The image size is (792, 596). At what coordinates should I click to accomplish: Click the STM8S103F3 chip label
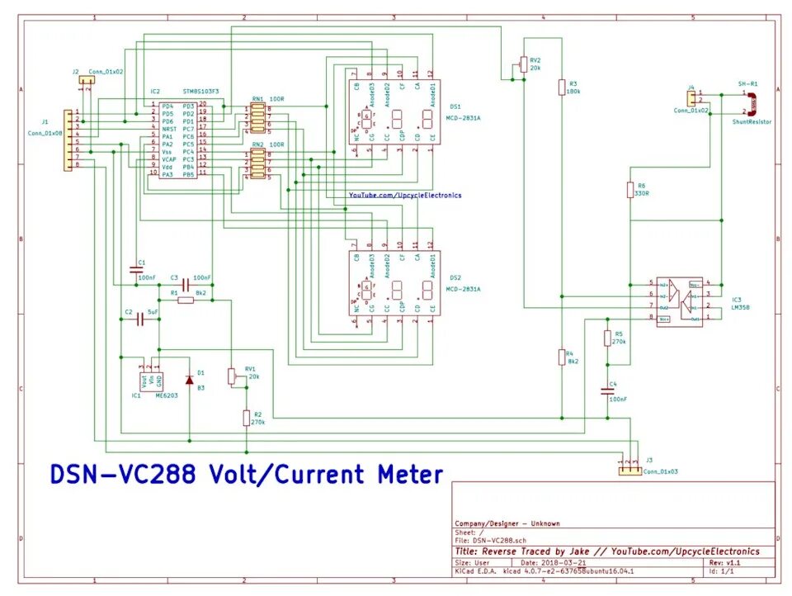click(200, 91)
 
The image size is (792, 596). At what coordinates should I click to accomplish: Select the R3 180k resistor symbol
click(562, 87)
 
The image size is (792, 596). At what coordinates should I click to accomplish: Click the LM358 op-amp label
click(741, 307)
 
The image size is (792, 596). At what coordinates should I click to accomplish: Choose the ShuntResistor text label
click(752, 121)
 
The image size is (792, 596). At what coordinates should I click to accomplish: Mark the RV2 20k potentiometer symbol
click(522, 65)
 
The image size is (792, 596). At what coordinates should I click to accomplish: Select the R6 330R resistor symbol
click(630, 190)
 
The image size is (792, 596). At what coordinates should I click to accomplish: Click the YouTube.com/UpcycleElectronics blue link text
click(405, 195)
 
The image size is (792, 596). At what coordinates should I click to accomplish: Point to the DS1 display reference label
click(455, 106)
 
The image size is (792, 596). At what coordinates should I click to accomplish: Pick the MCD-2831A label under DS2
click(463, 289)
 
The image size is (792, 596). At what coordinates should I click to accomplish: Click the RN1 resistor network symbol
click(257, 118)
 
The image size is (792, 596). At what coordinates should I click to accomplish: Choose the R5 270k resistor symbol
click(608, 338)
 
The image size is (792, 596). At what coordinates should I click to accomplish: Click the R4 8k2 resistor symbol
click(562, 357)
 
